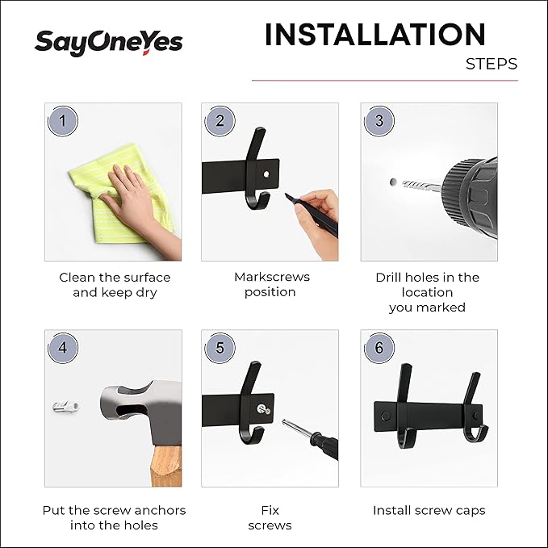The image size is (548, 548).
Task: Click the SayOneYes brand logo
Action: point(108,41)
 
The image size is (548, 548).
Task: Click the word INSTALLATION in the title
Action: point(374,35)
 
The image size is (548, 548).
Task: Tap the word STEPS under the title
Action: point(491,65)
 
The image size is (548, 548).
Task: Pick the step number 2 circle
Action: point(220,122)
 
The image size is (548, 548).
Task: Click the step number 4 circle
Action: point(63,349)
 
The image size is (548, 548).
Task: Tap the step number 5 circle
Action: point(220,349)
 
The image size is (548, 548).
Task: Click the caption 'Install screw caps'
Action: point(429,510)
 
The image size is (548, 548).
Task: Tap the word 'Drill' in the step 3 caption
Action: point(393,277)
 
